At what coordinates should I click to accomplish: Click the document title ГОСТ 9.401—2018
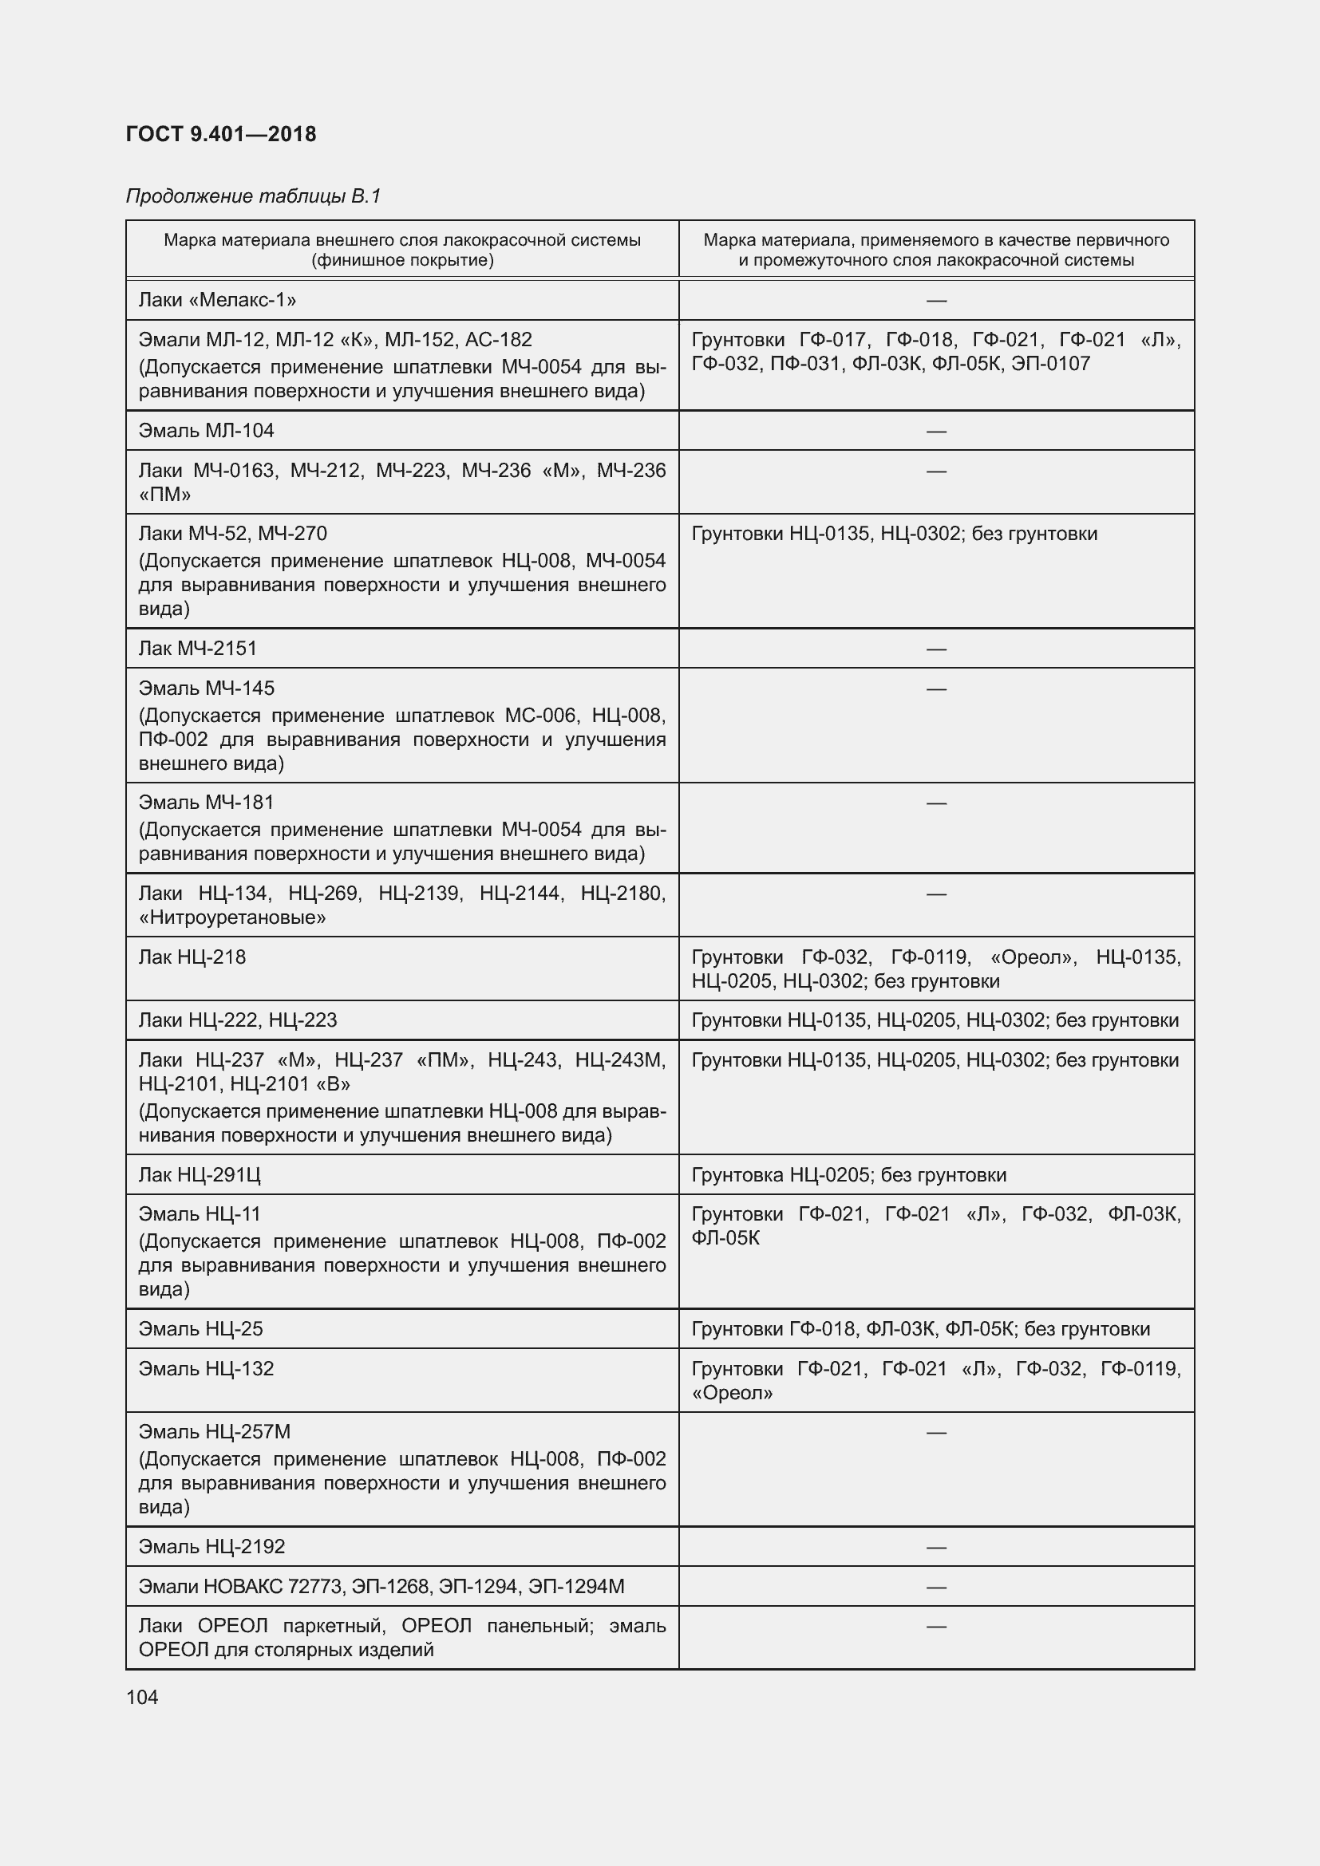221,134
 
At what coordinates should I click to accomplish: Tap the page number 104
142,1697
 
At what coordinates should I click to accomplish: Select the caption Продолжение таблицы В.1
254,196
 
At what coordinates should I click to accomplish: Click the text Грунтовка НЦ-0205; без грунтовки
848,1174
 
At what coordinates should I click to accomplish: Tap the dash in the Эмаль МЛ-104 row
936,431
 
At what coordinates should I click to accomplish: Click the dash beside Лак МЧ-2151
936,649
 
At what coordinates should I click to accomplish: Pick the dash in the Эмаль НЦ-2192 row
936,1547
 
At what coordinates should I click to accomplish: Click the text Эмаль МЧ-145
207,688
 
